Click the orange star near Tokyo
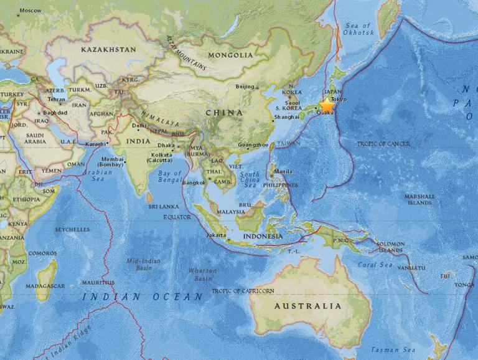pos(327,105)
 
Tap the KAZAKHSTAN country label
pos(108,49)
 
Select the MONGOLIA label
pos(230,55)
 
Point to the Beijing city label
pos(246,87)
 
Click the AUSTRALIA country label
pos(308,306)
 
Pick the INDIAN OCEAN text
pos(143,297)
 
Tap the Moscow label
pos(30,11)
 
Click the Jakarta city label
pos(216,235)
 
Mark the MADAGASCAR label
pos(46,286)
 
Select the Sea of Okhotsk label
pos(358,29)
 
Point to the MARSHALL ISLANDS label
pos(419,199)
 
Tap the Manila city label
pos(283,171)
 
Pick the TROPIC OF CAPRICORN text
pos(243,291)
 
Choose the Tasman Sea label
pos(393,349)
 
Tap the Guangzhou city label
pos(253,145)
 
